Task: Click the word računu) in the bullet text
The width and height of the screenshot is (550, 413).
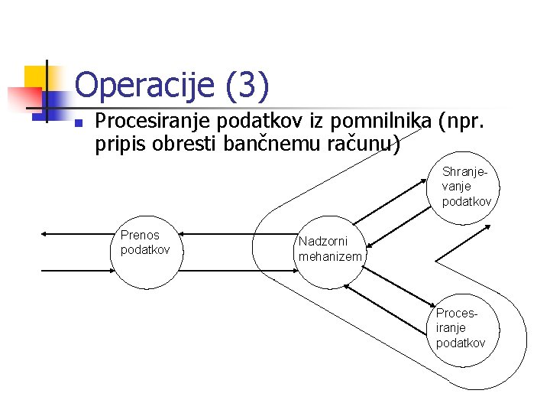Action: pyautogui.click(x=367, y=143)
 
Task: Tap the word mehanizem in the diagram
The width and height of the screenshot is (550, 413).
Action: pyautogui.click(x=330, y=257)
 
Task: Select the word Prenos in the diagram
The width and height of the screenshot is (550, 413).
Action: pyautogui.click(x=139, y=236)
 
